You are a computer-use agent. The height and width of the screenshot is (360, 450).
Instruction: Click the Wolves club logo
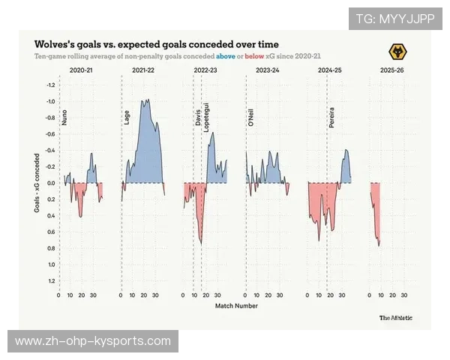(x=398, y=51)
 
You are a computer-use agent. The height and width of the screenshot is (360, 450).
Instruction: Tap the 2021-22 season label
(x=143, y=70)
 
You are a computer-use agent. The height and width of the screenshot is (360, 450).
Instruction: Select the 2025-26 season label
(x=391, y=70)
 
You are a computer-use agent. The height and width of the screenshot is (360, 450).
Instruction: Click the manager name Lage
(x=126, y=118)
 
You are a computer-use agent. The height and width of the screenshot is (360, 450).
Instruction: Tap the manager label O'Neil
(x=250, y=118)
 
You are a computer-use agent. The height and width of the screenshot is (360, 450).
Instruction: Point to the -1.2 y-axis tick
(x=50, y=85)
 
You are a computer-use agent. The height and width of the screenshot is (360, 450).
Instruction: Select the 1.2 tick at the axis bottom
(x=51, y=280)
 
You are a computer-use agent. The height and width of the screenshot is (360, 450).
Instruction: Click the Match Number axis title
(x=235, y=306)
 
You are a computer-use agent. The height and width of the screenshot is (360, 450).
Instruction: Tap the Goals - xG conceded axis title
(x=37, y=183)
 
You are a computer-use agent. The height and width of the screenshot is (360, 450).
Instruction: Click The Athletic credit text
(x=395, y=317)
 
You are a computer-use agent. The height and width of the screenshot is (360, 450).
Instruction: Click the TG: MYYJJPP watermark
(x=395, y=19)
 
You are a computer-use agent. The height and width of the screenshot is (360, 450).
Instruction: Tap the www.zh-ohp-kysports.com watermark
(x=93, y=341)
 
